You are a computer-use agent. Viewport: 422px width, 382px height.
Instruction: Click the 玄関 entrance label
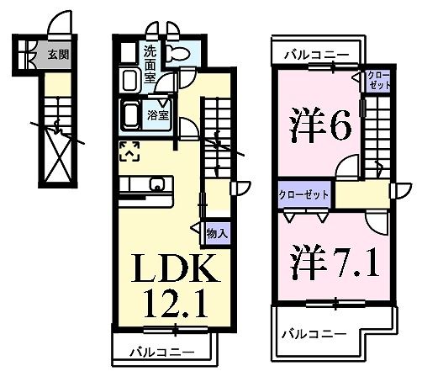click(x=57, y=56)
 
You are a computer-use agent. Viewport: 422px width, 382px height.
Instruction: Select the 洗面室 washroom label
click(x=150, y=61)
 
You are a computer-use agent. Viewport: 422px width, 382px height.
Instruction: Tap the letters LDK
click(x=178, y=270)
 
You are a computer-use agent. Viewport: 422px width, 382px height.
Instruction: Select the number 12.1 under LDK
click(x=178, y=300)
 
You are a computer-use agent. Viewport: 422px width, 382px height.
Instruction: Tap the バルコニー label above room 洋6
click(x=315, y=54)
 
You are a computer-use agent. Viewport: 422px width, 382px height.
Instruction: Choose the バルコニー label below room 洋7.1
click(x=314, y=333)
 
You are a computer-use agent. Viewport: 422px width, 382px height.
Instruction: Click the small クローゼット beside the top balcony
click(x=377, y=82)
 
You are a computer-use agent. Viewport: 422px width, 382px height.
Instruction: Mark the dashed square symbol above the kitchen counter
click(x=131, y=151)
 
